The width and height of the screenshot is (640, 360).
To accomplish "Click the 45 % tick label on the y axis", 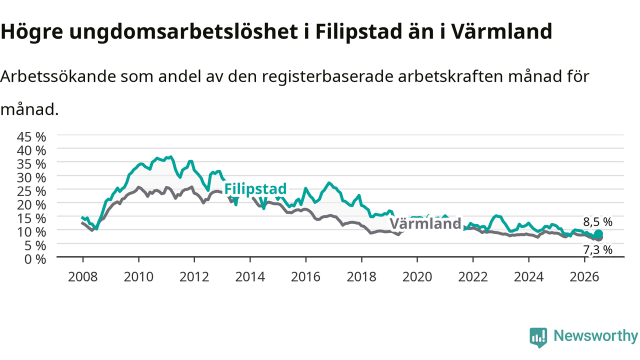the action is (x=31, y=137).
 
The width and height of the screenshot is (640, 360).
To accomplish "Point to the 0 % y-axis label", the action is (x=35, y=259).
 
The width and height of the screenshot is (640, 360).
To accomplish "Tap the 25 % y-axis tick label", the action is (x=31, y=191).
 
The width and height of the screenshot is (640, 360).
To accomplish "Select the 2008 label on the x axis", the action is (x=83, y=277).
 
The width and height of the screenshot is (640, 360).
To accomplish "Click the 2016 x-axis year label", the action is (x=305, y=277).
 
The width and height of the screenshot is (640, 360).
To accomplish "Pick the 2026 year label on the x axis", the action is (x=584, y=277).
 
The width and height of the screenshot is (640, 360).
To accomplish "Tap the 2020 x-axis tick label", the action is (x=417, y=277).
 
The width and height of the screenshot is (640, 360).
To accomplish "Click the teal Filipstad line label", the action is (x=255, y=189).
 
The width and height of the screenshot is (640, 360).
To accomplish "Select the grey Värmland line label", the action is (x=425, y=223).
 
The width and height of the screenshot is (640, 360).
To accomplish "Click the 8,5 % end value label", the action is (x=597, y=222).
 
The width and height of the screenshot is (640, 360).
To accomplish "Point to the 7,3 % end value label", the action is (x=597, y=250).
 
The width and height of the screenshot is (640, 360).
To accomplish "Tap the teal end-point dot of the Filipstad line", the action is (x=598, y=234).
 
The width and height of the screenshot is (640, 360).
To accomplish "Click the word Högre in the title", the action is (x=31, y=32).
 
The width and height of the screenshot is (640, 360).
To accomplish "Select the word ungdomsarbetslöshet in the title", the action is (x=183, y=31).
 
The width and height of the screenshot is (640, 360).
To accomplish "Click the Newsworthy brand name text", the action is (x=595, y=336).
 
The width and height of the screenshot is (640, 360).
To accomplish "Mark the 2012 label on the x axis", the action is (x=194, y=277).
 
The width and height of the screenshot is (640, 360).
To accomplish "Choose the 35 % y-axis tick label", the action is (x=31, y=164).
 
